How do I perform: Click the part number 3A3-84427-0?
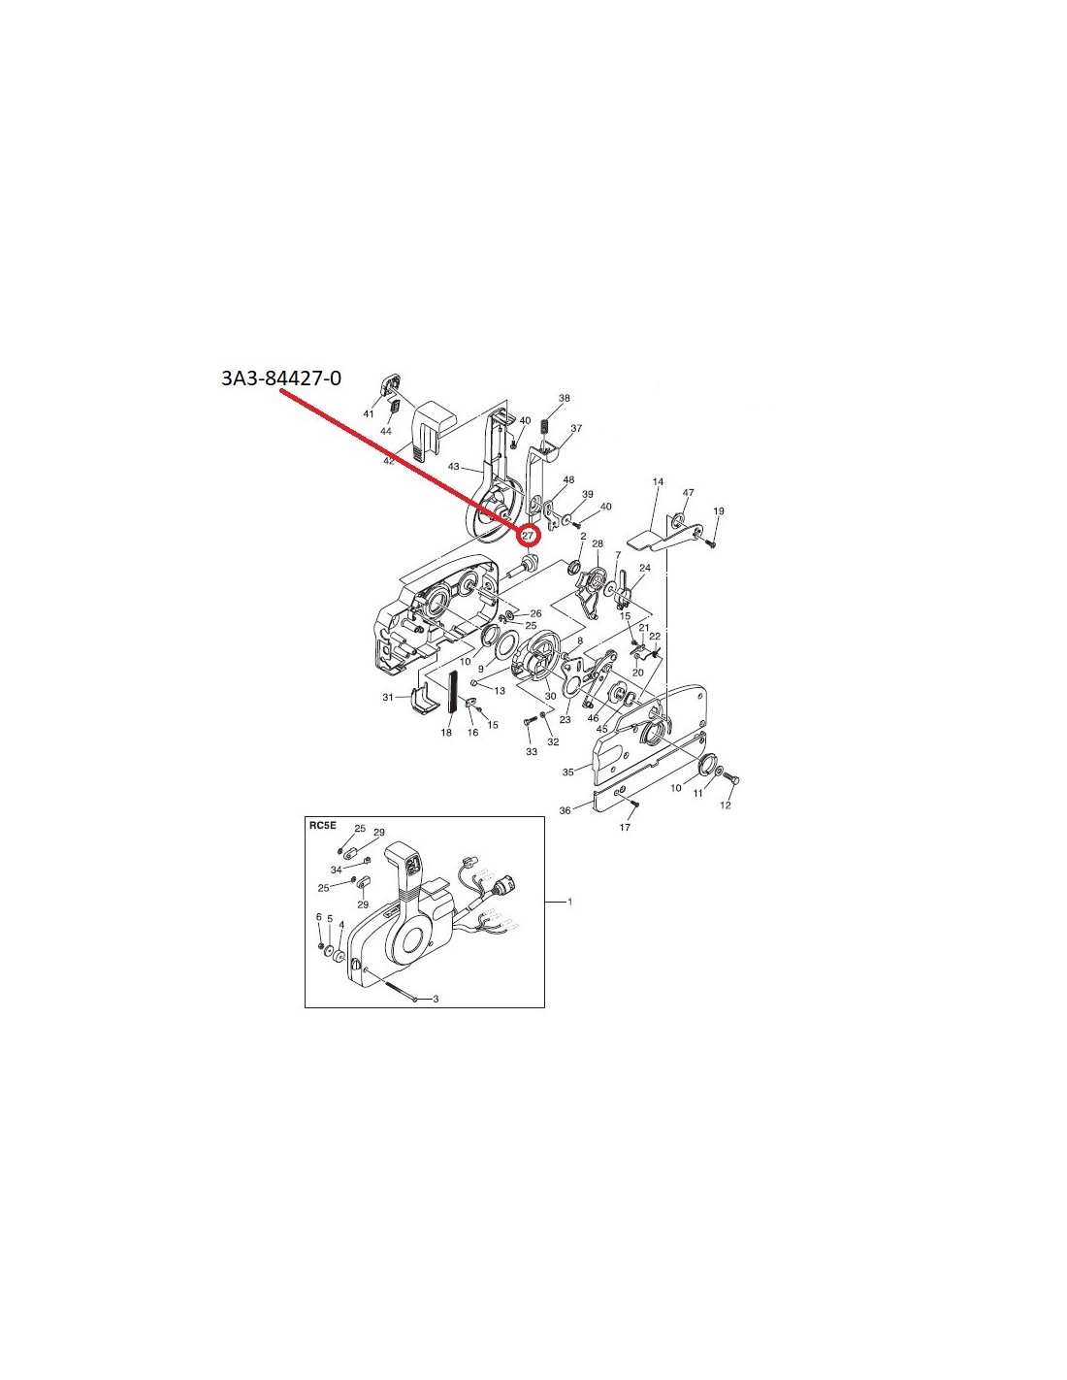(x=281, y=378)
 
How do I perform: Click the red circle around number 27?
(x=529, y=536)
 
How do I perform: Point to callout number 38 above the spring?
(x=564, y=398)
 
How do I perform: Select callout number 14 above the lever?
(x=658, y=482)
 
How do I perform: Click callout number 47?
(x=688, y=492)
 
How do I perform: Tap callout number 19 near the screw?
(x=719, y=510)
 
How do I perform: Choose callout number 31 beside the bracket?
(x=388, y=698)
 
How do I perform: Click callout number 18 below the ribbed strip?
(x=446, y=733)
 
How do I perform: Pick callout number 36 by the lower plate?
(x=565, y=810)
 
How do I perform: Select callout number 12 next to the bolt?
(x=726, y=805)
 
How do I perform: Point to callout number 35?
(x=568, y=772)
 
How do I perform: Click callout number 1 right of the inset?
(x=570, y=902)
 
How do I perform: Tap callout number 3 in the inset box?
(x=436, y=999)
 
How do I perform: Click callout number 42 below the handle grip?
(x=389, y=461)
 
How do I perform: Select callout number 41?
(x=369, y=414)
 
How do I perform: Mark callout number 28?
(x=598, y=543)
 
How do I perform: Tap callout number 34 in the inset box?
(x=337, y=869)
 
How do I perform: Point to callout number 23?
(x=565, y=719)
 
